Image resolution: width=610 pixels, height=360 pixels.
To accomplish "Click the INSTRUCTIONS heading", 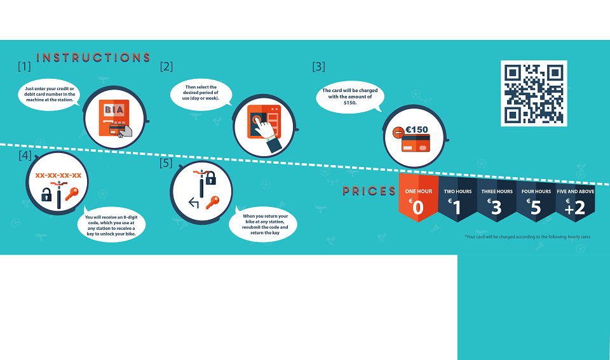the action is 93,58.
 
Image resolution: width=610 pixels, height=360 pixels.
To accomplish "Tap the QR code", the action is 534,93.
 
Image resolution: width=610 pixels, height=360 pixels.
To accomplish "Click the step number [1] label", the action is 24,66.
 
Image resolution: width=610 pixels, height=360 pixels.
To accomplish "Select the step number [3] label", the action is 318,67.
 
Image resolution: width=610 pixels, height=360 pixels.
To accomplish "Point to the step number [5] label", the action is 166,163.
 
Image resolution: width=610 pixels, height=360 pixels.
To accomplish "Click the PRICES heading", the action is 369,191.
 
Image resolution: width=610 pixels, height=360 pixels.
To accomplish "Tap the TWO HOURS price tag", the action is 457,199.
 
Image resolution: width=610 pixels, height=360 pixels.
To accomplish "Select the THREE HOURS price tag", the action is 497,200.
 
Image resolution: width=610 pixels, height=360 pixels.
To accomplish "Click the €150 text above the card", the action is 417,130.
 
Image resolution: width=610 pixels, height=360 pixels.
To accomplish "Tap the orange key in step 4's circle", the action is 72,194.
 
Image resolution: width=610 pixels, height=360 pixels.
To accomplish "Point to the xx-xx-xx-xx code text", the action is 58,175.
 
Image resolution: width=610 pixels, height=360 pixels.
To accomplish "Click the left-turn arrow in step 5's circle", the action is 194,203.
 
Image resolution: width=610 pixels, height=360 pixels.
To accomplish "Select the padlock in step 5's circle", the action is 210,178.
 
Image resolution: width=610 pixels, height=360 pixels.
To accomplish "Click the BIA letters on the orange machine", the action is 114,110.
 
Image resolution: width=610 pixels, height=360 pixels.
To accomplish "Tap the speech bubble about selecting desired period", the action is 201,95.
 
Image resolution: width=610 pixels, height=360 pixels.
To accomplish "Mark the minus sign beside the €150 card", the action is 398,133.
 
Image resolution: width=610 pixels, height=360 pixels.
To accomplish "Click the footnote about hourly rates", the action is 527,237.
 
